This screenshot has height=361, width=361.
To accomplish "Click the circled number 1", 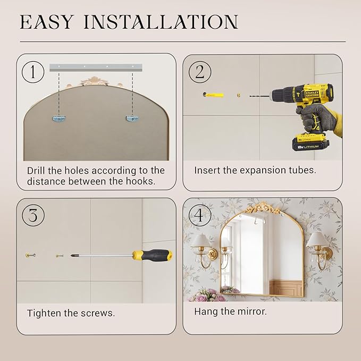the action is click(33, 72).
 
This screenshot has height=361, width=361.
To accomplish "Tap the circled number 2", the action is click(199, 72).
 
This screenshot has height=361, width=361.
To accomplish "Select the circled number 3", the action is click(33, 215).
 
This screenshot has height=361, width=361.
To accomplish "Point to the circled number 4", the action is click(200, 215).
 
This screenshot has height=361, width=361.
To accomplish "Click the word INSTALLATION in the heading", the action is click(161, 22).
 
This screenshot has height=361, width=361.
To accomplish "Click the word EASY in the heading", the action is click(47, 22).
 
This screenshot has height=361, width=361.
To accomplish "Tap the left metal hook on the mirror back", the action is click(59, 119).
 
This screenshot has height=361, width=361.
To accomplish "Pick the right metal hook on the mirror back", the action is click(132, 119).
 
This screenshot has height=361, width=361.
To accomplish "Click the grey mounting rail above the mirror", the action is click(96, 67).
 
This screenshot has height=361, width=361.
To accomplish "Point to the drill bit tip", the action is click(250, 96).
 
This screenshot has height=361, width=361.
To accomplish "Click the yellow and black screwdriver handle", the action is click(152, 255).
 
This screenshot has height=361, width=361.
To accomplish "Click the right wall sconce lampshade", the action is click(317, 239).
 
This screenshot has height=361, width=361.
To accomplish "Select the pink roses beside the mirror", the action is click(208, 295).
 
